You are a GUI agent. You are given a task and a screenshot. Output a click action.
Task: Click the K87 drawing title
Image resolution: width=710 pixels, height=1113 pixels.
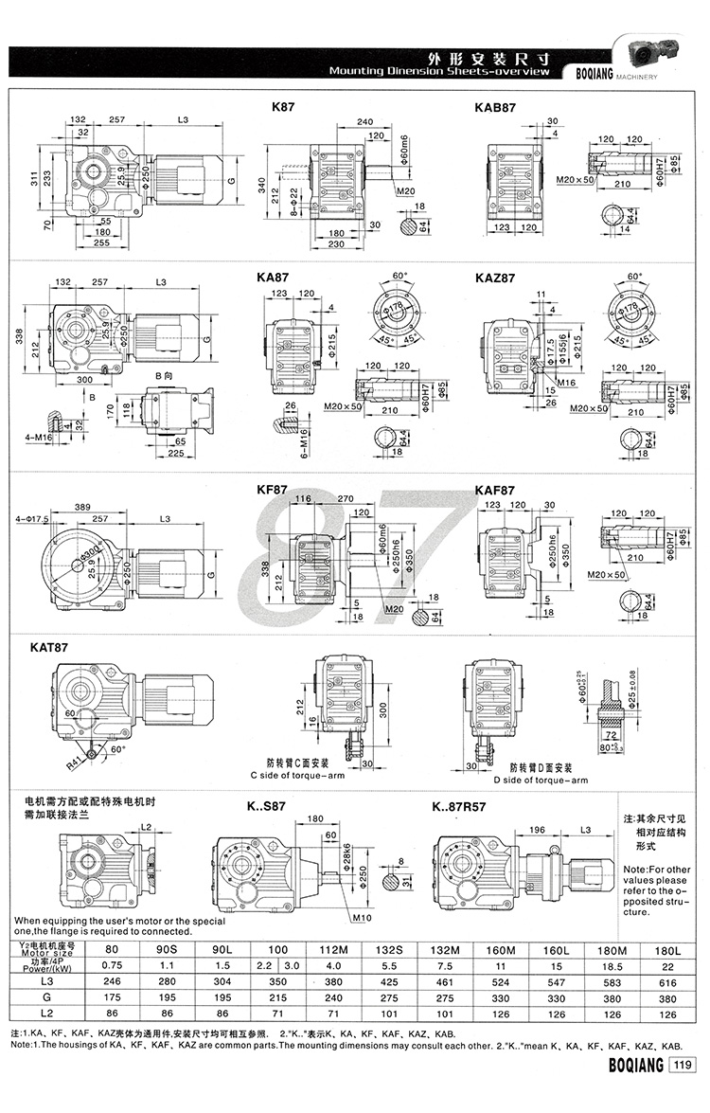(284, 109)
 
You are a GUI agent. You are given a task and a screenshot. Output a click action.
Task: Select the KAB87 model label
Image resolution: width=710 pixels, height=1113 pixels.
(495, 109)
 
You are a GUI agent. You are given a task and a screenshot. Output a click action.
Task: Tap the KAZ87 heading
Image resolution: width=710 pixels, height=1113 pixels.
(495, 278)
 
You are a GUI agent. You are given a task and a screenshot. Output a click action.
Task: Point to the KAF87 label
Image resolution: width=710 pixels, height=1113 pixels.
(495, 491)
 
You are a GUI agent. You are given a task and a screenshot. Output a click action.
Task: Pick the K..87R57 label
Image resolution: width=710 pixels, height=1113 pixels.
(461, 808)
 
